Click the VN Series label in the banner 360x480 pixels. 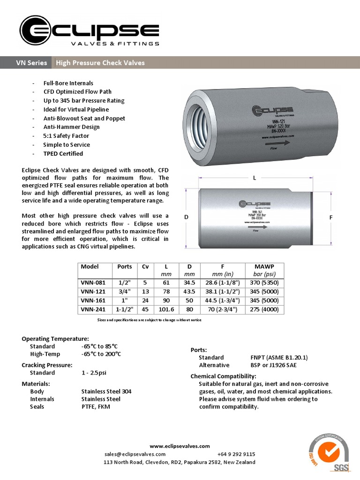pyautogui.click(x=31, y=63)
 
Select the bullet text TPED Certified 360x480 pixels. pyautogui.click(x=63, y=154)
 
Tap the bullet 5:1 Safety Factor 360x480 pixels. pyautogui.click(x=66, y=136)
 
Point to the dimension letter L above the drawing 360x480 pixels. pyautogui.click(x=255, y=178)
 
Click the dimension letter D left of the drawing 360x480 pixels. pyautogui.click(x=186, y=217)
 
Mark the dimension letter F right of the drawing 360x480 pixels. pyautogui.click(x=331, y=217)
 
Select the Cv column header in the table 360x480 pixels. pyautogui.click(x=145, y=266)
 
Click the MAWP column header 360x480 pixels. pyautogui.click(x=264, y=266)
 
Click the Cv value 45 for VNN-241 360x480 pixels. pyautogui.click(x=145, y=309)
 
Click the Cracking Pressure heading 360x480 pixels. pyautogui.click(x=47, y=365)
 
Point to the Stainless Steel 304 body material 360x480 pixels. pyautogui.click(x=106, y=391)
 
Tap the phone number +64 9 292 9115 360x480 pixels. pyautogui.click(x=236, y=454)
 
